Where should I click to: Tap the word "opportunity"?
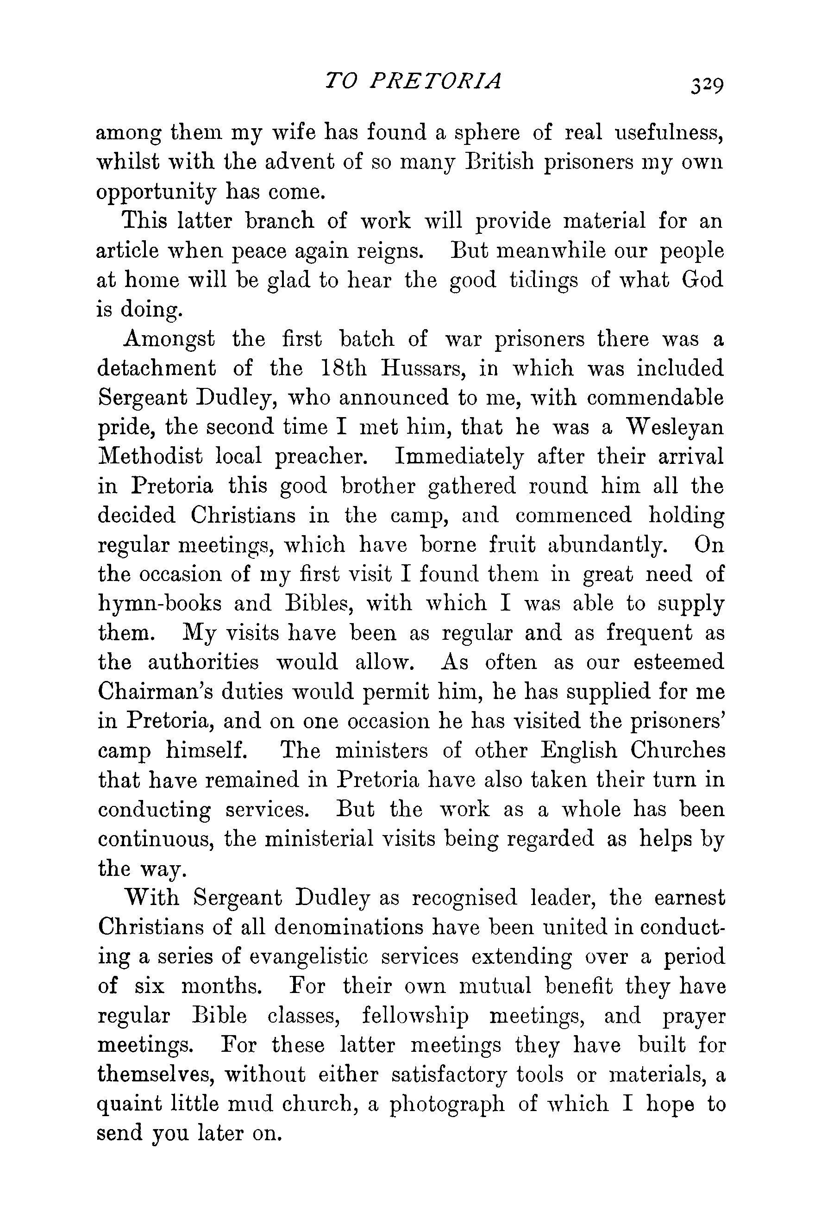click(x=156, y=193)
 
